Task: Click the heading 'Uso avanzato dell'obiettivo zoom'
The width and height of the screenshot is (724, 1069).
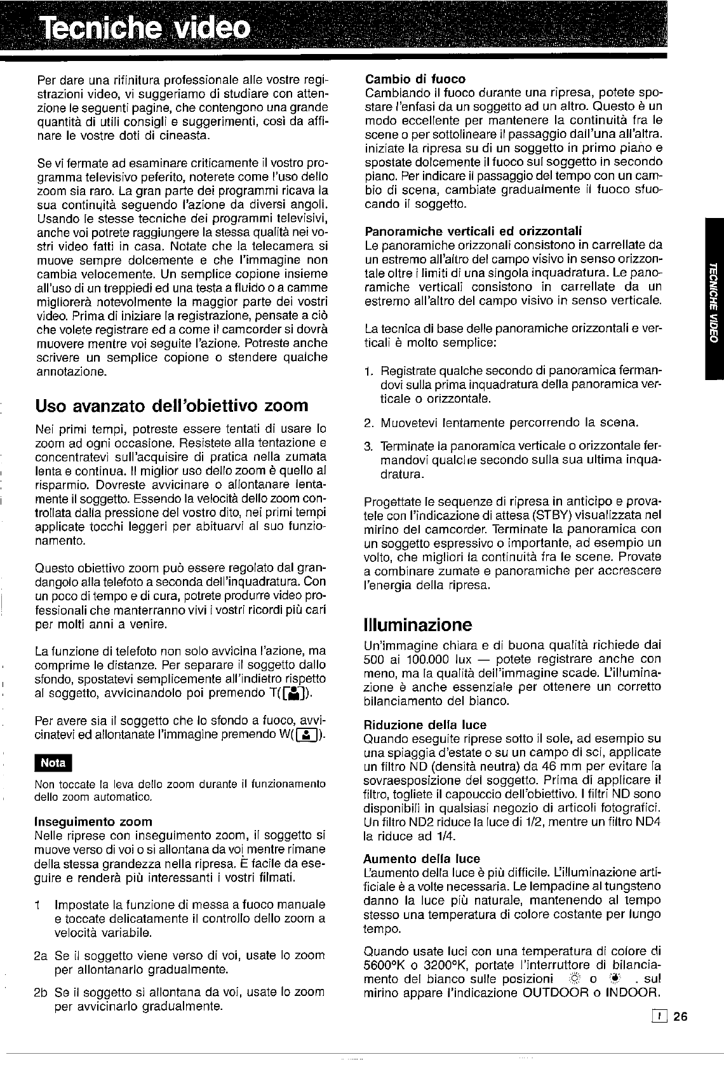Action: [x=172, y=405]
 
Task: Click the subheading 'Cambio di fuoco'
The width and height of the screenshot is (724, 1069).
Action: [x=415, y=79]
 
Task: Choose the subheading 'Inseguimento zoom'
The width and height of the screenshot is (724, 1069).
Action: [x=93, y=821]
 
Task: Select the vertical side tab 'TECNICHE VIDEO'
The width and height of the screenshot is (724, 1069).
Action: [x=714, y=299]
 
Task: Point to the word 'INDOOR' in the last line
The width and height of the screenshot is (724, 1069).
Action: [x=634, y=993]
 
